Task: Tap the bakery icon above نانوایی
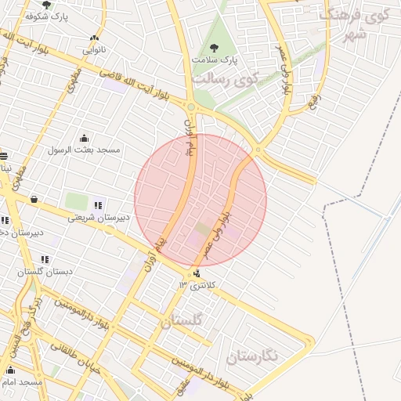click(95, 38)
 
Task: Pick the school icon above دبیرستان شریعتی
click(98, 205)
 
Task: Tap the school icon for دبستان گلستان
click(45, 259)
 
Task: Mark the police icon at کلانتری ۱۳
click(196, 273)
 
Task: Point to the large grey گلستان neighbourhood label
click(182, 320)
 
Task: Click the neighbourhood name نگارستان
click(251, 357)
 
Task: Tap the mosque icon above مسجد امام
click(10, 370)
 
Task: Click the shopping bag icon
click(34, 200)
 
